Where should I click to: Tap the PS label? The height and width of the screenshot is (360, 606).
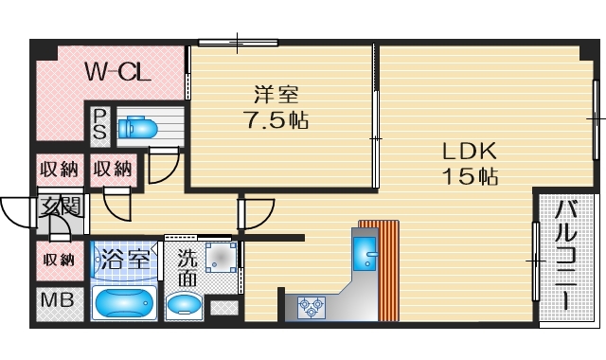click(100, 124)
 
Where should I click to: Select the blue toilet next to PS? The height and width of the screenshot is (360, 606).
click(139, 127)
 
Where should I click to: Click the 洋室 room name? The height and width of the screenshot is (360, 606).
click(276, 95)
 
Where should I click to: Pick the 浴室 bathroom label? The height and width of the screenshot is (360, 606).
click(126, 258)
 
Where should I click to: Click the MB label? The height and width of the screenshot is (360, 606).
click(54, 304)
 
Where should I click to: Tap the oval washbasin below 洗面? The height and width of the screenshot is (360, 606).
click(184, 304)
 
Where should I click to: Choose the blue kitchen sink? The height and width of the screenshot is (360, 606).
click(365, 253)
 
